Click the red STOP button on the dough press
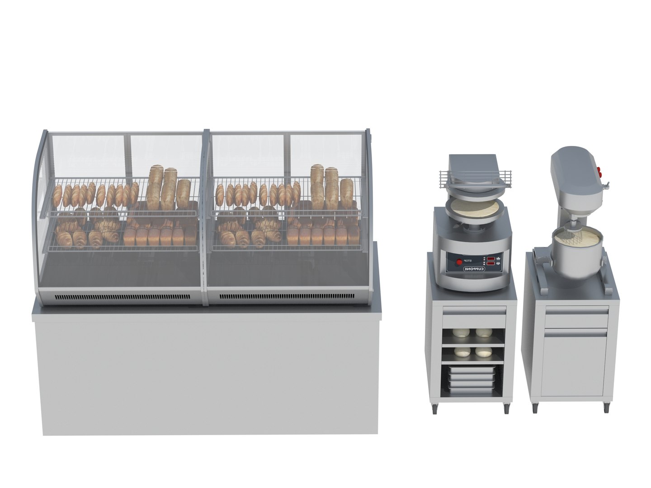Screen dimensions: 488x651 tap(460, 262)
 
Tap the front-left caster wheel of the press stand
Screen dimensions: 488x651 tap(435, 408)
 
